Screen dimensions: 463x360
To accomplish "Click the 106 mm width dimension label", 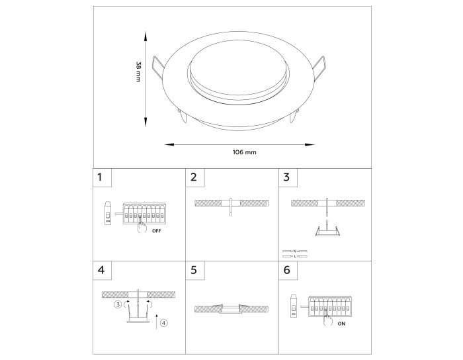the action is tap(245, 152).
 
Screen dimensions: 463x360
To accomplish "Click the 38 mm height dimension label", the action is tap(138, 71).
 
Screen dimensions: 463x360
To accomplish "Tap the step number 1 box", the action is tap(102, 178).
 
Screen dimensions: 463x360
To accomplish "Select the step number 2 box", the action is tap(195, 178).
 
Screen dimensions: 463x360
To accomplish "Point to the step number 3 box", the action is tap(288, 178).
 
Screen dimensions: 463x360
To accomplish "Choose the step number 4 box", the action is tap(102, 271).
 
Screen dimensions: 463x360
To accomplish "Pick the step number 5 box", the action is tap(195, 271).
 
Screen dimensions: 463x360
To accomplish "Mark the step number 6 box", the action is tap(288, 271).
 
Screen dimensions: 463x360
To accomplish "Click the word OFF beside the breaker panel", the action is tap(157, 231).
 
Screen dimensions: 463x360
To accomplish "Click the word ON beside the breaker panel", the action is tap(341, 324).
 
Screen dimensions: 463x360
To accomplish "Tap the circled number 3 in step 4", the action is tap(118, 304).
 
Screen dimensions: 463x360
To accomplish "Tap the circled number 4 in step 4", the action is tap(164, 323).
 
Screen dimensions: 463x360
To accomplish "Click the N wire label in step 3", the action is tap(295, 251).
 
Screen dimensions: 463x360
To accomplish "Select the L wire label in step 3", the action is tap(295, 256).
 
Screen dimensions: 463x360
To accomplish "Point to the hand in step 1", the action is tap(142, 226).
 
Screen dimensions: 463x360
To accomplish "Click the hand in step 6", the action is tap(327, 320).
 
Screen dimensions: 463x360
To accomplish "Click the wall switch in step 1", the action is tap(108, 213).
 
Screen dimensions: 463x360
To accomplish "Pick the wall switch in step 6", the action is tap(294, 306).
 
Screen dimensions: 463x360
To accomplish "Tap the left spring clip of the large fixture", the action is tap(158, 67).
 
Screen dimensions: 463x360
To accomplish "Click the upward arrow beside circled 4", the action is tap(157, 322).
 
